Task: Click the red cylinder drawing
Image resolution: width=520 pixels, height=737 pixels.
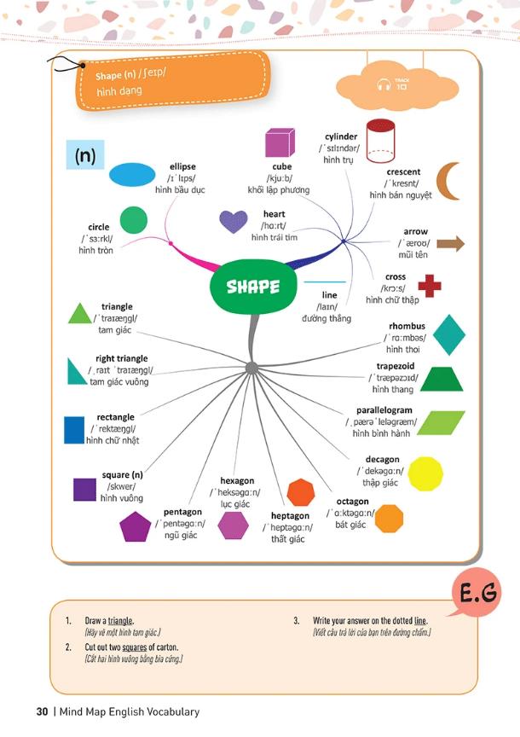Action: [x=380, y=141]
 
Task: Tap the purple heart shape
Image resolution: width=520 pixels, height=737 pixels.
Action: [x=234, y=222]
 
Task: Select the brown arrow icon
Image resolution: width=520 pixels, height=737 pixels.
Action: [x=450, y=243]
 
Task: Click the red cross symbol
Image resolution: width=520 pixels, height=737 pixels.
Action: [x=430, y=286]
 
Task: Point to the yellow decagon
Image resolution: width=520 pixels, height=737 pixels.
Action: [x=425, y=473]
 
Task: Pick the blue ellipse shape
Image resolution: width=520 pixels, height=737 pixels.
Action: [x=132, y=175]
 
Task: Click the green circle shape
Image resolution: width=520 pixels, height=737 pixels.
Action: [x=133, y=220]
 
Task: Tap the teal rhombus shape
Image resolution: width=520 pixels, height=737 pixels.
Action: [x=448, y=334]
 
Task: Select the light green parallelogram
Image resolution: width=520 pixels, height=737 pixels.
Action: [x=441, y=422]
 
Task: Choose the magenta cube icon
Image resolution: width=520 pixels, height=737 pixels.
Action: [x=280, y=142]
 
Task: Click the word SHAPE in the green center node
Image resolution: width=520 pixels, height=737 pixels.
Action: [x=253, y=287]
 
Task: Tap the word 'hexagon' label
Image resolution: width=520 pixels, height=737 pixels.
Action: [x=237, y=481]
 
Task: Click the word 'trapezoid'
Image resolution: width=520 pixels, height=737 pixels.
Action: [x=396, y=366]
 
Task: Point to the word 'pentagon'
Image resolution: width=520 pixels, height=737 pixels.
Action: [x=182, y=513]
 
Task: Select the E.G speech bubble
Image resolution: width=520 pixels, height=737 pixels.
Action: [x=476, y=592]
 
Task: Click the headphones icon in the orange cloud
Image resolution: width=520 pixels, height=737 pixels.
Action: [x=384, y=84]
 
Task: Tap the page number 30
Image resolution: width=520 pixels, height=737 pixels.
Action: [x=43, y=711]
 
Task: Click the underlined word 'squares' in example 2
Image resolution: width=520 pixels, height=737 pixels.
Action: [x=135, y=647]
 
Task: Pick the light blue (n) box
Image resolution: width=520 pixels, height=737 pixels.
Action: [x=85, y=154]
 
